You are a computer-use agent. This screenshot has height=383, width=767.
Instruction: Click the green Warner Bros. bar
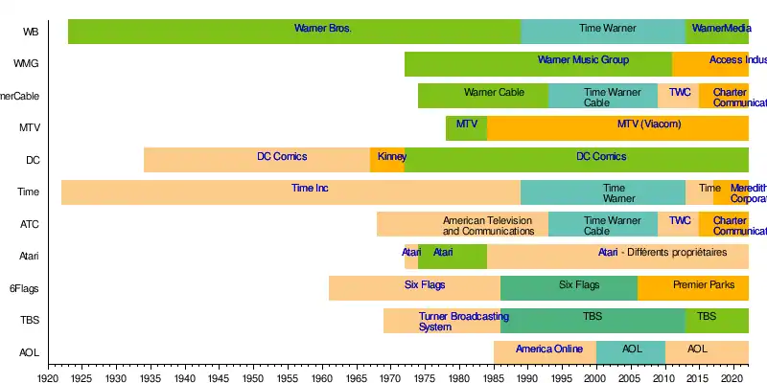pos(294,32)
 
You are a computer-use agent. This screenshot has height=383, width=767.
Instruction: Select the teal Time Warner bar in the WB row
pos(603,32)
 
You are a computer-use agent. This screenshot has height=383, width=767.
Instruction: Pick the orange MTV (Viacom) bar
pos(617,128)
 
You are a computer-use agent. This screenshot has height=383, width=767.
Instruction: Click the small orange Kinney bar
pos(387,160)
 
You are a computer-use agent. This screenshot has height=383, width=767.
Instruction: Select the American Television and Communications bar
pos(462,225)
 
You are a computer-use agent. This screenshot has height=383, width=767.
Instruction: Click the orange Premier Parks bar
pos(692,288)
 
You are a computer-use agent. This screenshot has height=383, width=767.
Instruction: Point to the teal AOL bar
pos(631,352)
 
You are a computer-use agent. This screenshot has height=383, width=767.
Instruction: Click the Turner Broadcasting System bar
pos(442,321)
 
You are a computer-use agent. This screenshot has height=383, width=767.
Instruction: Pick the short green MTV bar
pos(466,128)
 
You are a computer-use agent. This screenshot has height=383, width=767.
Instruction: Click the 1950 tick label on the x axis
pos(252,379)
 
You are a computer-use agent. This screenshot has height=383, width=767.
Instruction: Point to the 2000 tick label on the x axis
pos(595,379)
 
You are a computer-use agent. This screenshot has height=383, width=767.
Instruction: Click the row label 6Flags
pos(24,288)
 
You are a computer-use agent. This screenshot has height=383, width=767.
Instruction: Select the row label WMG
pos(26,64)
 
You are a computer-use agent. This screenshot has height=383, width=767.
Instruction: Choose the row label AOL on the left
pos(29,352)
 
